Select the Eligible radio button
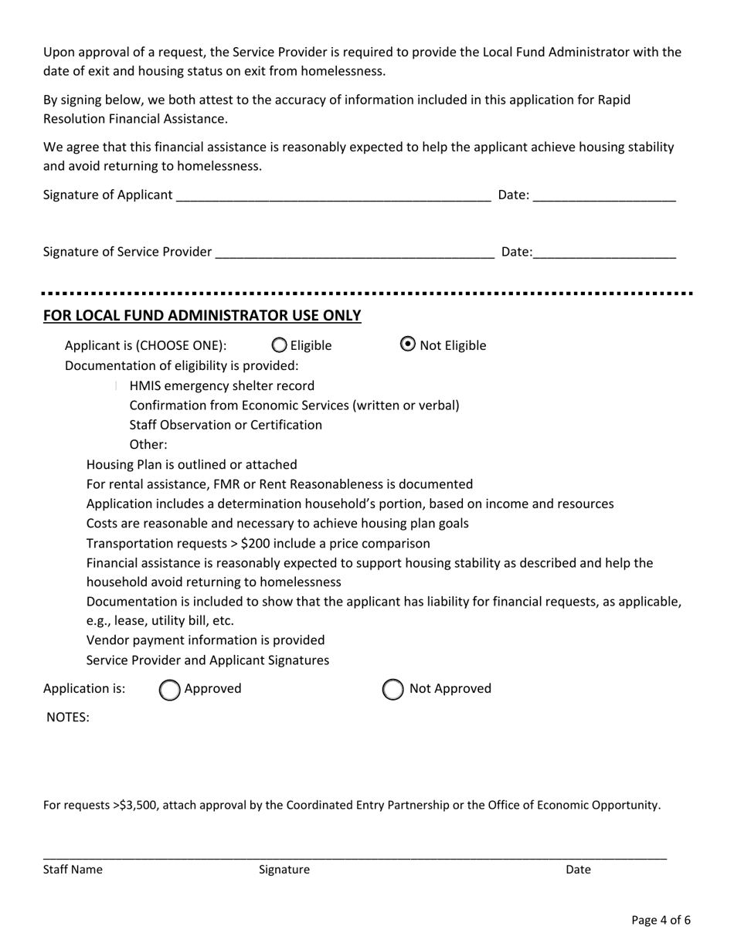point(280,345)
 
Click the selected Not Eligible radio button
point(408,344)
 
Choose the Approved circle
point(170,690)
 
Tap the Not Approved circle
point(393,690)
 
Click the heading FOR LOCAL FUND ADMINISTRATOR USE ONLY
point(202,315)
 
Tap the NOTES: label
point(68,718)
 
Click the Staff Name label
point(73,870)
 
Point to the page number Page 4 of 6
point(661,920)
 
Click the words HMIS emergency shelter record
point(222,385)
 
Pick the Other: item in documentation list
point(148,445)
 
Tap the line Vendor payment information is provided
point(206,640)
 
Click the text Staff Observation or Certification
point(226,425)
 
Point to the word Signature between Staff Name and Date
point(284,870)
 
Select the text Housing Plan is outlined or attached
point(192,464)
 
